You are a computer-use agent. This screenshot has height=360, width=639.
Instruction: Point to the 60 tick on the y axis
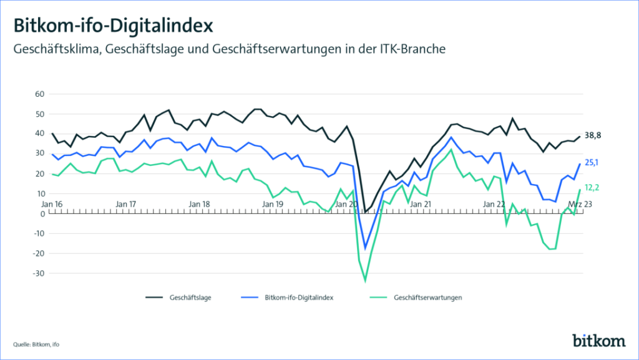pyautogui.click(x=40, y=94)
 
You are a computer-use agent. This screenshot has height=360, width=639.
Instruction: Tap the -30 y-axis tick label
pyautogui.click(x=38, y=273)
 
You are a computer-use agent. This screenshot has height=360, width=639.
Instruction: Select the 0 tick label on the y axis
pyautogui.click(x=42, y=214)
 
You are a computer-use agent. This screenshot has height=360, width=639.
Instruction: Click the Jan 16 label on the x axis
pyautogui.click(x=52, y=204)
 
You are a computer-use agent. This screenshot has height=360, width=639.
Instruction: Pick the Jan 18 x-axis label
pyautogui.click(x=199, y=204)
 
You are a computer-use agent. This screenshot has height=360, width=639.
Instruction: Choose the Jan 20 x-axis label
pyautogui.click(x=346, y=204)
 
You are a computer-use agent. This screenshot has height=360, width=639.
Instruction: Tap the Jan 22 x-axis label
pyautogui.click(x=494, y=204)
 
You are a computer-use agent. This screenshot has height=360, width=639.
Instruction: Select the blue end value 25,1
pyautogui.click(x=592, y=163)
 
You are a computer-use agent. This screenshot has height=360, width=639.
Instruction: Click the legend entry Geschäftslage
pyautogui.click(x=190, y=298)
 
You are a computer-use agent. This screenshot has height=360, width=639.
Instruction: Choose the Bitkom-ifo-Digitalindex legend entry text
pyautogui.click(x=300, y=298)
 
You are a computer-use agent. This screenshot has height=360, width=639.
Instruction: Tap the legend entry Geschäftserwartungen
pyautogui.click(x=427, y=298)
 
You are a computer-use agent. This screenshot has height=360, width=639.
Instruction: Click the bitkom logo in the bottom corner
pyautogui.click(x=598, y=341)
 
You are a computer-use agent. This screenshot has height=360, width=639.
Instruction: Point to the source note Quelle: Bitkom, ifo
pyautogui.click(x=40, y=343)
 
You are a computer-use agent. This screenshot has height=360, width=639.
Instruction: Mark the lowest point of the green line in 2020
pyautogui.click(x=365, y=280)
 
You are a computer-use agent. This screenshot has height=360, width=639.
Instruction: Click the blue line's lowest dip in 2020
pyautogui.click(x=365, y=248)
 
